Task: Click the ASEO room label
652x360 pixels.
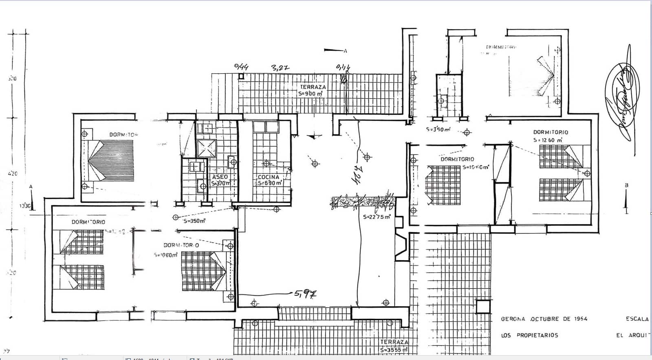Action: tap(220, 177)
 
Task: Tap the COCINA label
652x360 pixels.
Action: tap(269, 177)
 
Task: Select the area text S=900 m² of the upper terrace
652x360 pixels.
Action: tap(311, 94)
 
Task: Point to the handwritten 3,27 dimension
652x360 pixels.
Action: tap(280, 68)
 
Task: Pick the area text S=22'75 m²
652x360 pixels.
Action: tap(377, 217)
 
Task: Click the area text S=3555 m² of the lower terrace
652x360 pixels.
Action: tap(394, 350)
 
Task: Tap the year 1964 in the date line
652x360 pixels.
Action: tap(579, 319)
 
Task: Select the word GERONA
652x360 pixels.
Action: tap(513, 319)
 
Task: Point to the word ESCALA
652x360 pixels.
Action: tap(637, 319)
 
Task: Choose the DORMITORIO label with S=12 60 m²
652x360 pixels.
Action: tap(551, 132)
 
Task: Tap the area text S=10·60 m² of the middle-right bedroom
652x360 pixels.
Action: tap(476, 167)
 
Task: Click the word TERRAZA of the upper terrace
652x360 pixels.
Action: tap(313, 87)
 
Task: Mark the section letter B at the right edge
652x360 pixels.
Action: tap(627, 185)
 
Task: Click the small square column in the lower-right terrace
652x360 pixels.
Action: tap(483, 307)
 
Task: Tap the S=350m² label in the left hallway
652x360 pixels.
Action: tap(194, 221)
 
